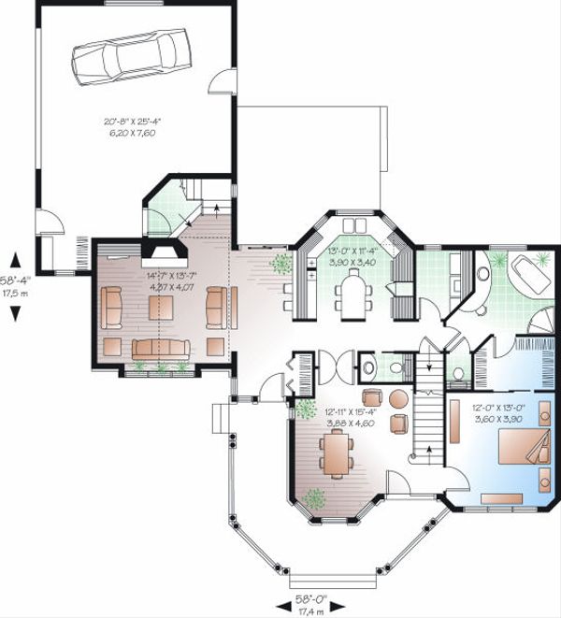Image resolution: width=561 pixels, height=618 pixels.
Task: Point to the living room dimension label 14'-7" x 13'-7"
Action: [x=165, y=280]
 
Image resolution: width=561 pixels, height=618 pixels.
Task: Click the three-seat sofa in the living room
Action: [x=160, y=348]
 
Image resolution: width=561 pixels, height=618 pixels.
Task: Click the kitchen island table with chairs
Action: [x=352, y=298]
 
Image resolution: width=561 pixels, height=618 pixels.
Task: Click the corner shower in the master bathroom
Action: [x=539, y=322]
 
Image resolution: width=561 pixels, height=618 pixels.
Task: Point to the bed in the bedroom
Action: [x=518, y=447]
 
